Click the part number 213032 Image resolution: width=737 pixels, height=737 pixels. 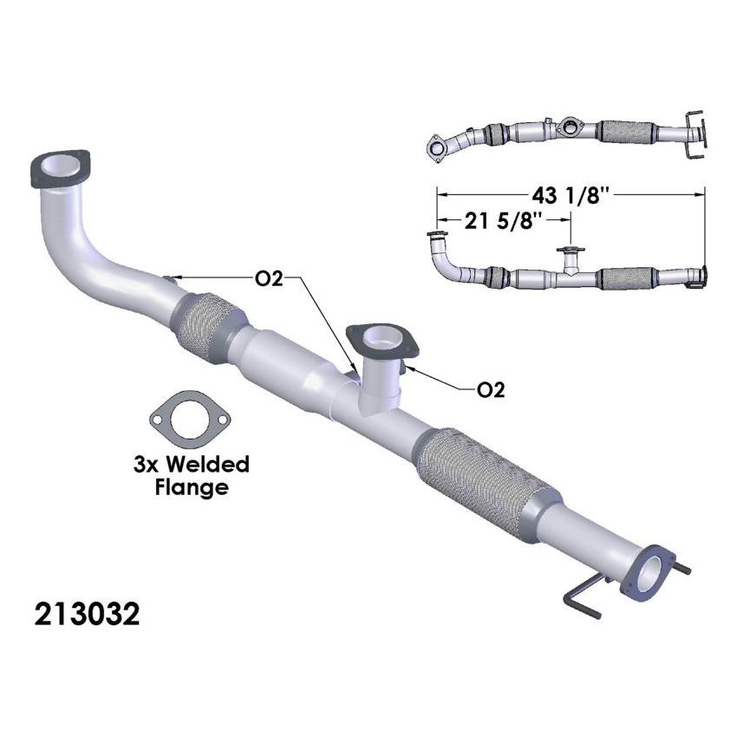point(87,615)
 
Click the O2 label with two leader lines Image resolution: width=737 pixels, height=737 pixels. point(268,279)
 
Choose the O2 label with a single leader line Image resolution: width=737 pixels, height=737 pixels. point(491,389)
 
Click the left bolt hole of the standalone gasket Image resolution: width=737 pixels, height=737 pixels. point(159,417)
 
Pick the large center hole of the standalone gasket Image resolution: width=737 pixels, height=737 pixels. point(191,419)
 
